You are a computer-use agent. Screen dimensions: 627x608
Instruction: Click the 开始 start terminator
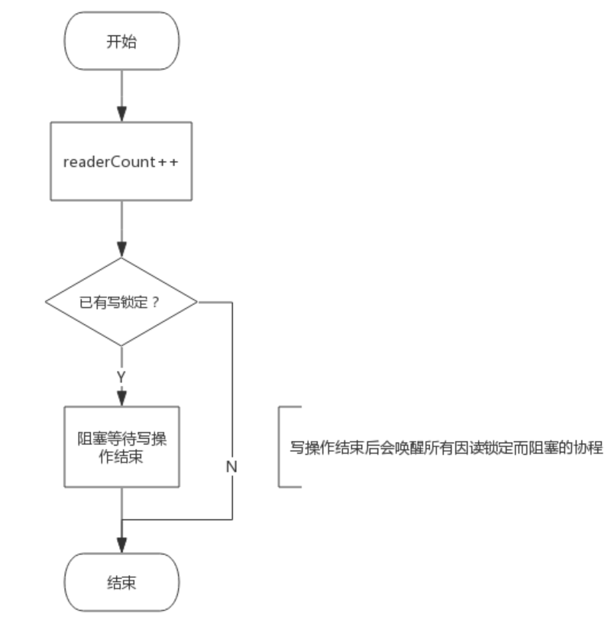point(122,41)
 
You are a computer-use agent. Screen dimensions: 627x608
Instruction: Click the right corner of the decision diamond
point(196,301)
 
